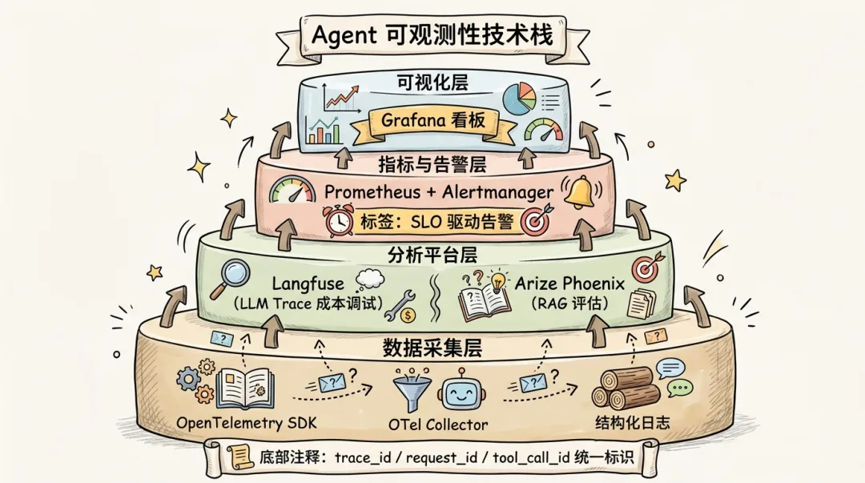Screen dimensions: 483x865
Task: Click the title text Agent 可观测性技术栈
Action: [x=432, y=35]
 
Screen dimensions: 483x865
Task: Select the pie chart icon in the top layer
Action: [x=518, y=99]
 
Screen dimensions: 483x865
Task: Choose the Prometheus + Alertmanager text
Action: [x=439, y=192]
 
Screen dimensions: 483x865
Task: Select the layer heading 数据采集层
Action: [x=433, y=348]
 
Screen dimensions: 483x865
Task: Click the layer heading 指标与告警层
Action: [x=432, y=165]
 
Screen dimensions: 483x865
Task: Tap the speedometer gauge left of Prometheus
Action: [x=292, y=192]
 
